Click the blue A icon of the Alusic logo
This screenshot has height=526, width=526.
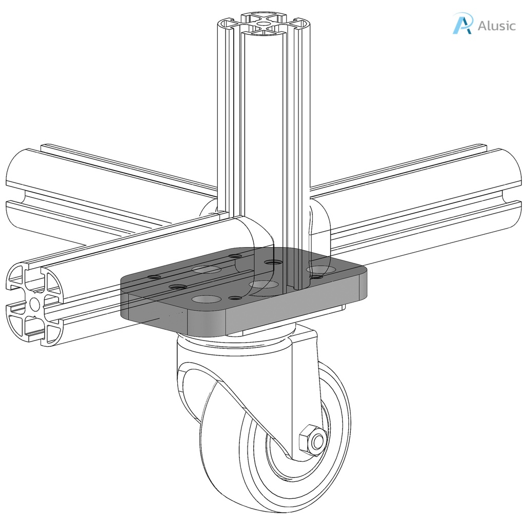[x=462, y=24]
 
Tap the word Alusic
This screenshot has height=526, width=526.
[x=496, y=26]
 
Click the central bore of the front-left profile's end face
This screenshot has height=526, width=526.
[x=35, y=304]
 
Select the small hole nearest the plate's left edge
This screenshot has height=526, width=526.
[x=154, y=277]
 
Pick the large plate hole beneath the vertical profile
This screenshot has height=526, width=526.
[x=263, y=284]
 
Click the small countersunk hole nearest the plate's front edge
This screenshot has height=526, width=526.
[x=235, y=298]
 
